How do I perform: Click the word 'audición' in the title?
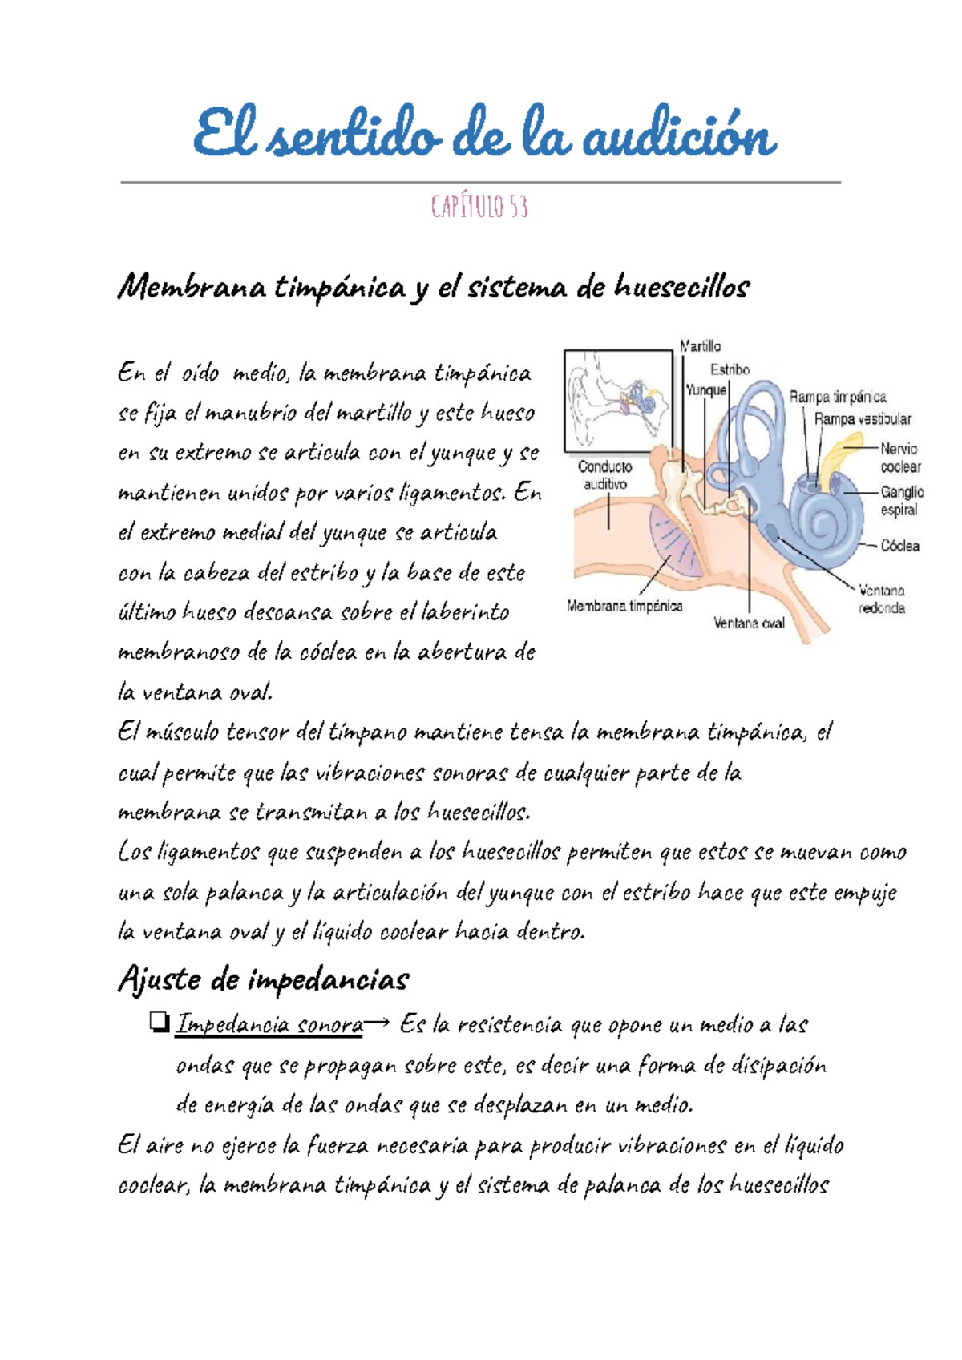point(678,137)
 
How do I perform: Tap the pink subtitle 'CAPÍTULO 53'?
point(479,208)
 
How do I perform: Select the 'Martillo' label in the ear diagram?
point(700,346)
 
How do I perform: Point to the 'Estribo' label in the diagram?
point(730,369)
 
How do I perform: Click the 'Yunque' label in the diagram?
point(705,390)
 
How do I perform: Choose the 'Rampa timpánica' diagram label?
point(838,397)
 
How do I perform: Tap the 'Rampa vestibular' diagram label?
point(863,419)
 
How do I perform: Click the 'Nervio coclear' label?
point(899,458)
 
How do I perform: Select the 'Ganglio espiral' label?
point(902,501)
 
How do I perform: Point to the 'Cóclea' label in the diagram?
point(899,546)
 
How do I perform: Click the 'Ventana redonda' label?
point(882,599)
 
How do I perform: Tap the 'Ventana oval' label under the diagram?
point(749,623)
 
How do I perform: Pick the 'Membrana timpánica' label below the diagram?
point(624,606)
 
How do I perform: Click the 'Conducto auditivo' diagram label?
point(605,475)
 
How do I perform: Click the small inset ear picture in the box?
point(618,400)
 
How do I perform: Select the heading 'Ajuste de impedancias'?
point(264,979)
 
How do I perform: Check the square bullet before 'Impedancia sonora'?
point(158,1022)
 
